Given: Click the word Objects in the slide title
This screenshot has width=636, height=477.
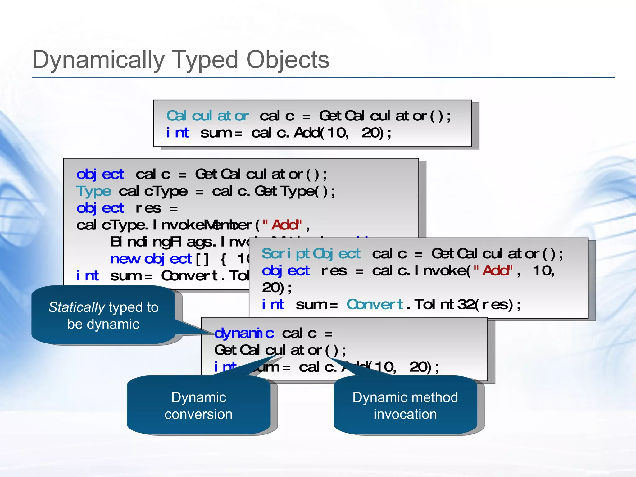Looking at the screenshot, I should (x=288, y=60).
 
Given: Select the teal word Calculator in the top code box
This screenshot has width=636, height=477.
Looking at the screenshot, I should (x=207, y=116).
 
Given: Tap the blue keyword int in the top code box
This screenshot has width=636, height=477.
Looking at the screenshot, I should (x=177, y=133).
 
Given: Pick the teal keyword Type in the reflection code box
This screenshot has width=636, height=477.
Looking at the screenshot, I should (x=93, y=191).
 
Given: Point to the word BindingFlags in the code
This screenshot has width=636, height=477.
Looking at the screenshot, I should (x=161, y=242).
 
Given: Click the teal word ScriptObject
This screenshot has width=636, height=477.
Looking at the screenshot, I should (x=311, y=254).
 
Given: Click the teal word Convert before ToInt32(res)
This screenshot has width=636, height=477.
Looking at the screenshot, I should (x=375, y=305).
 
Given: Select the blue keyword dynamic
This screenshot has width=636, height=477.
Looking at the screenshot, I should (x=244, y=334).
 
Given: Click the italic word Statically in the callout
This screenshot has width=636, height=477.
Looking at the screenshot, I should (x=77, y=307).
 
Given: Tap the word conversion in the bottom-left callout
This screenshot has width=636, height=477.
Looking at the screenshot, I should (x=198, y=414).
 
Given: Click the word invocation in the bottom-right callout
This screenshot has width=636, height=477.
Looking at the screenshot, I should (x=405, y=414).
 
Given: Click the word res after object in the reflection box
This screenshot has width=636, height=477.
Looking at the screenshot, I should (x=148, y=208).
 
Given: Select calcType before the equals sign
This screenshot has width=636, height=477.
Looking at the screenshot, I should (x=153, y=191).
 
